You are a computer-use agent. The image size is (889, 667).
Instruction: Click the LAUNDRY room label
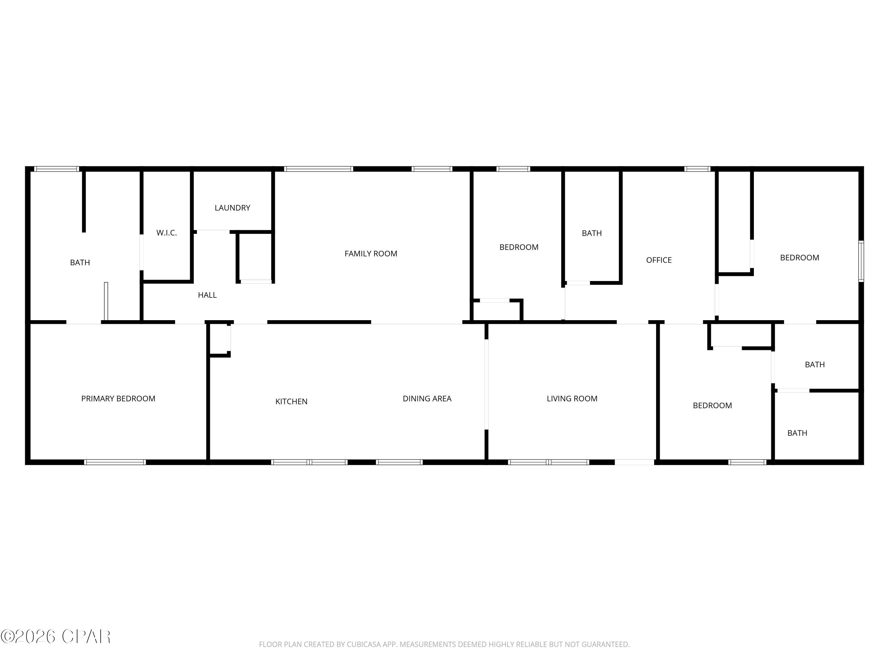coord(232,208)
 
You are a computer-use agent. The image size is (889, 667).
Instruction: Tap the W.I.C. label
coord(166,233)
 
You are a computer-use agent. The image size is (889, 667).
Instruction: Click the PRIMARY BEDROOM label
coord(118,398)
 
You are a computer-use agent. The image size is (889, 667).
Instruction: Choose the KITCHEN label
coord(291,401)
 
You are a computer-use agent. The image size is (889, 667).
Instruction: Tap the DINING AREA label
coord(427,398)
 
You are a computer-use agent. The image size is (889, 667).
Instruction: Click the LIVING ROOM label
coord(572,398)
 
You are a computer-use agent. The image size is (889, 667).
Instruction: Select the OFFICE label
coord(659,260)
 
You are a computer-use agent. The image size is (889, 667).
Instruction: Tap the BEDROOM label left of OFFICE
coord(519,247)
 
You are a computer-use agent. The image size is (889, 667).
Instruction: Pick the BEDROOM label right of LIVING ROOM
coord(712,405)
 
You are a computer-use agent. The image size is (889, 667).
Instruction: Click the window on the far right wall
coord(861,261)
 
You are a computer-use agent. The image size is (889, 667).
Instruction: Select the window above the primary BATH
coord(56,169)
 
